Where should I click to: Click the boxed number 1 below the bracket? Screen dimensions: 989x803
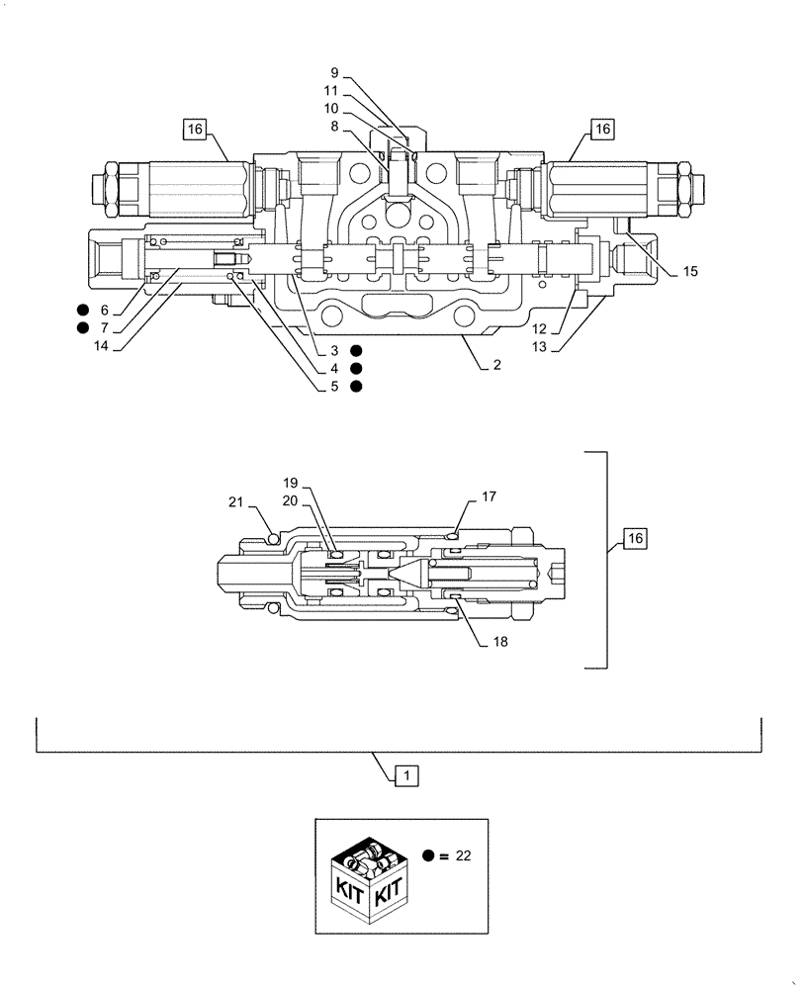coord(405,776)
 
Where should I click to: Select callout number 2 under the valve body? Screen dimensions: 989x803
coord(496,365)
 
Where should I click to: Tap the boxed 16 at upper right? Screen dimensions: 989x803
coord(603,128)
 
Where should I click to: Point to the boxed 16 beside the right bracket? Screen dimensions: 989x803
coord(635,538)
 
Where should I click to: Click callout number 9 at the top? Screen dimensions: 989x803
coord(334,72)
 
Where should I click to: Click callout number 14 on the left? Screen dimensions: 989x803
coord(102,346)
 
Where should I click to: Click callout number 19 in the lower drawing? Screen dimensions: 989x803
coord(291,483)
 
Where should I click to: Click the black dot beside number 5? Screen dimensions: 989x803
coord(356,387)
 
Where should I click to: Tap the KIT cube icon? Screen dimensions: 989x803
coord(366,876)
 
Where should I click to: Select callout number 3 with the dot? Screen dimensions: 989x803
coord(335,351)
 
